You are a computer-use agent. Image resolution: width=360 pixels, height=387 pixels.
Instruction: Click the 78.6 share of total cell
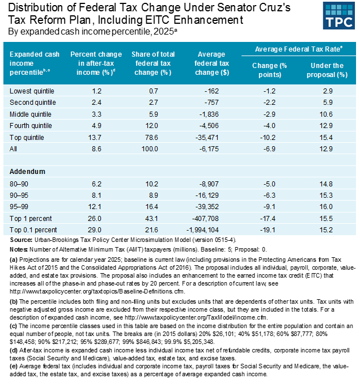150,137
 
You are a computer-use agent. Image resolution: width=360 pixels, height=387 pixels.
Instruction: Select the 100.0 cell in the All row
150,148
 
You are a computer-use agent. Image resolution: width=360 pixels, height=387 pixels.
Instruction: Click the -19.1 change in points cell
269,229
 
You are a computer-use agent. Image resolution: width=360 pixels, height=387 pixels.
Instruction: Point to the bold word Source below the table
22,240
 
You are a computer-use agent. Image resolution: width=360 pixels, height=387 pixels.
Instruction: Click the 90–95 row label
20,195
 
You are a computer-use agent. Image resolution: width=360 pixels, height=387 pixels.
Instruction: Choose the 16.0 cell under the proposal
325,206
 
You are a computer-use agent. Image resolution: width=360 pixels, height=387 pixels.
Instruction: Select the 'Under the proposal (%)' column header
325,70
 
